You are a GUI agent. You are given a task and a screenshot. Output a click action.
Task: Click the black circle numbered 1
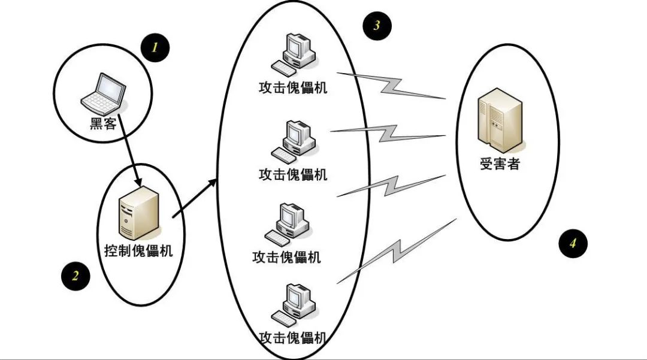(155, 48)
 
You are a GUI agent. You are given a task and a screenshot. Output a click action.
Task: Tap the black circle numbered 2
(75, 276)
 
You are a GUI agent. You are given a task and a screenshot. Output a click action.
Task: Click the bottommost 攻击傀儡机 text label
(293, 337)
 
